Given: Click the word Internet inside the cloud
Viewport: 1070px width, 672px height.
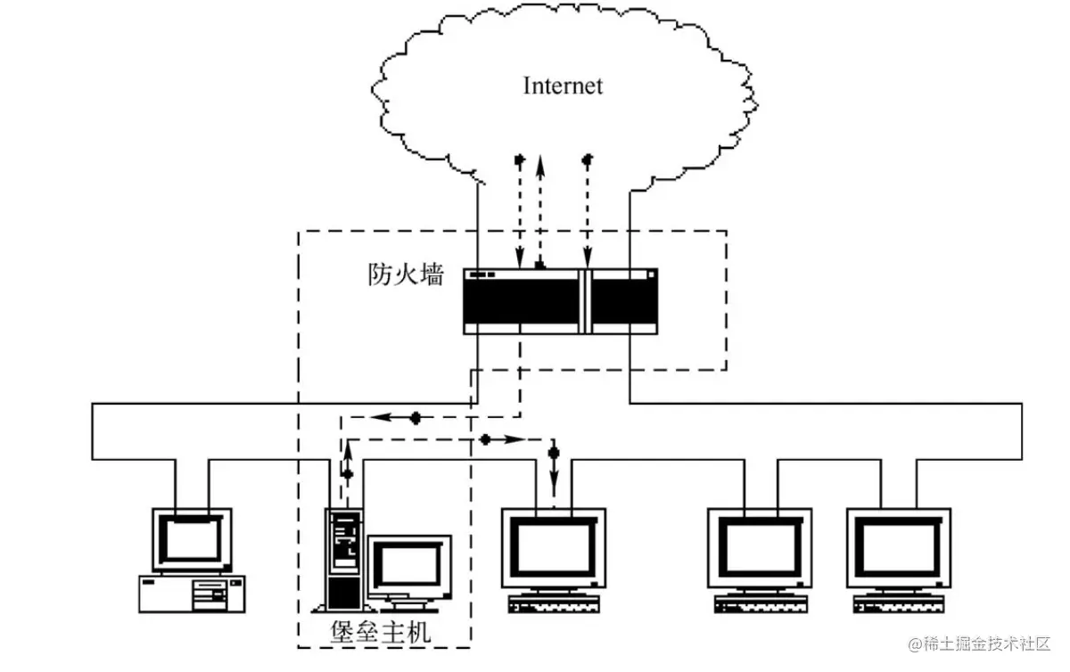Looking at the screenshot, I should [562, 86].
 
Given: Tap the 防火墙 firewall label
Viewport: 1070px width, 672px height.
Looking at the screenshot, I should [406, 275].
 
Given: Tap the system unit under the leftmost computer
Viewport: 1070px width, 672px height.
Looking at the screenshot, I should [191, 593].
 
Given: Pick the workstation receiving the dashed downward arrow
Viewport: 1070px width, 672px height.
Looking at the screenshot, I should [553, 548].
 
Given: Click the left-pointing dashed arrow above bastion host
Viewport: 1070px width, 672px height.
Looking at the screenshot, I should [392, 416].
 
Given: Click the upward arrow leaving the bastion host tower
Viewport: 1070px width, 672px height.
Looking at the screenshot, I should [347, 472].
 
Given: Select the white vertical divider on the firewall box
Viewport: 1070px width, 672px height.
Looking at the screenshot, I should [585, 300].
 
